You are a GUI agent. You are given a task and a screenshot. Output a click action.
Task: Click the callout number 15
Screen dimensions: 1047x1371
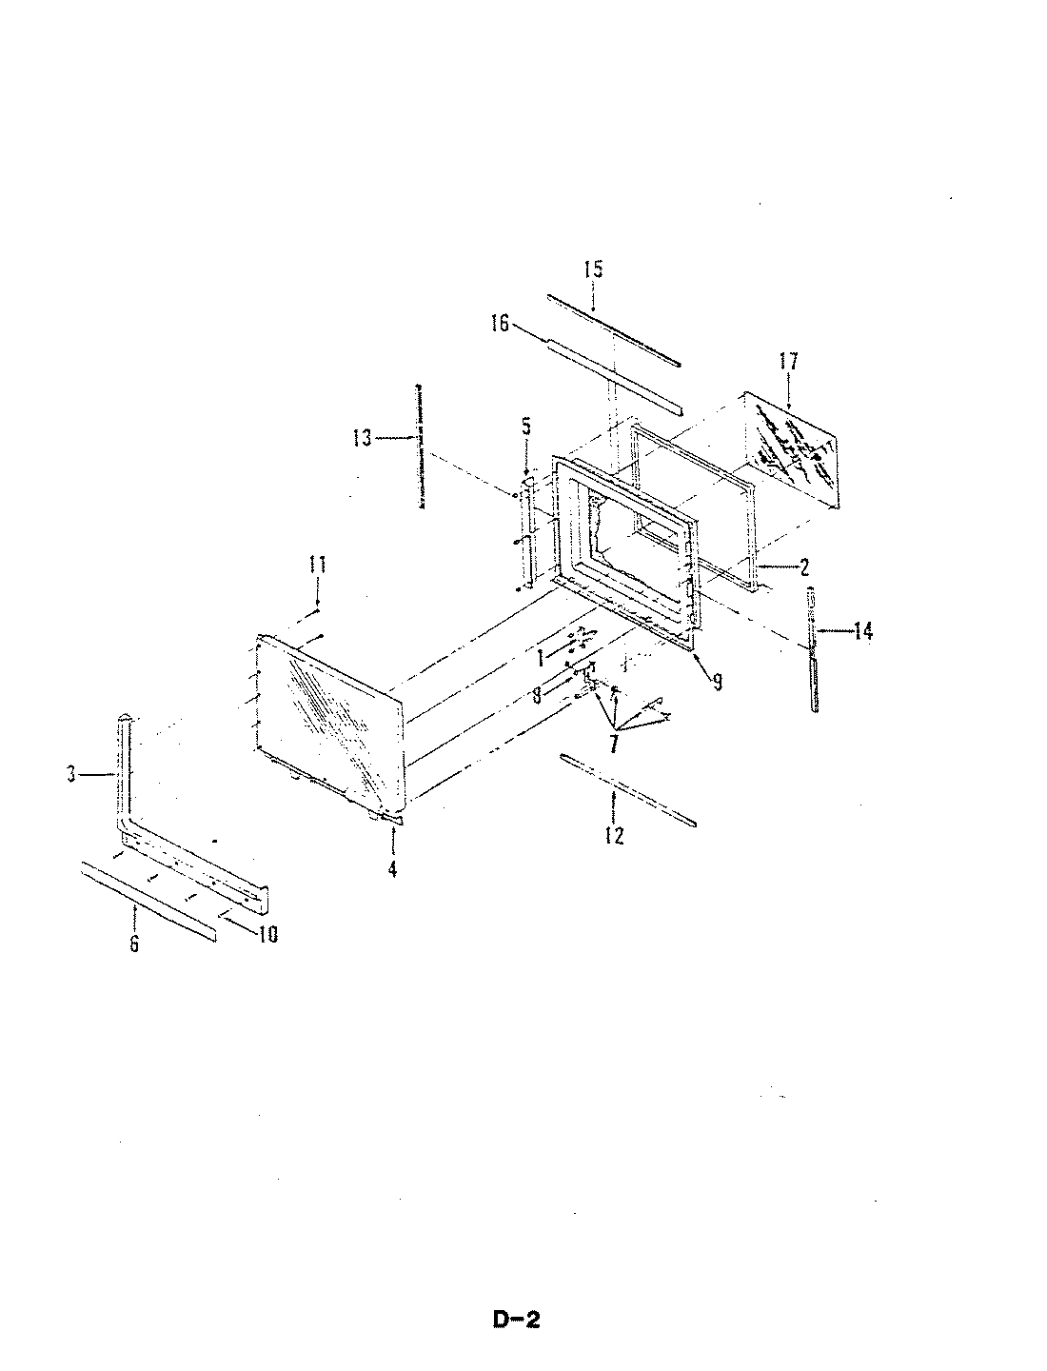pos(593,269)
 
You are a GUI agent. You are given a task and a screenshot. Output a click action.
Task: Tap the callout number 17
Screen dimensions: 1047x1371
pos(788,362)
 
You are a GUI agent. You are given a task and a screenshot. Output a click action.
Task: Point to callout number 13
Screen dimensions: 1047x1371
pos(362,437)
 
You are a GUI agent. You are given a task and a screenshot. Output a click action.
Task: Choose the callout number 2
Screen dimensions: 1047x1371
pos(804,568)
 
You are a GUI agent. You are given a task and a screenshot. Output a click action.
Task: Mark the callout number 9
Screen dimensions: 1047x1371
pos(717,682)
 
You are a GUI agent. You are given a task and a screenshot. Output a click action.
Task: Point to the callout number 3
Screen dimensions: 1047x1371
pos(71,775)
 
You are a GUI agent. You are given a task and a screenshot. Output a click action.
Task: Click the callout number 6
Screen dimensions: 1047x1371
pos(134,944)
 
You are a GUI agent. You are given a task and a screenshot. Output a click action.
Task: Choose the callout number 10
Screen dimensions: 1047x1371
pos(267,935)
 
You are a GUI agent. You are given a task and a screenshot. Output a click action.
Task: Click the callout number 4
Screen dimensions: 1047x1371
pos(393,868)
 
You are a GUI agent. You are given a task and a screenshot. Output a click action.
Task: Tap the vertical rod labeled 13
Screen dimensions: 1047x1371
pos(419,447)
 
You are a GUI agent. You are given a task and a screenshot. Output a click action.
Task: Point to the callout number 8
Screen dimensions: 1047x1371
pos(537,695)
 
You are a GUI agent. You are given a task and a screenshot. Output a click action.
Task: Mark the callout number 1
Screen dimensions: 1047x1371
pos(540,657)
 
